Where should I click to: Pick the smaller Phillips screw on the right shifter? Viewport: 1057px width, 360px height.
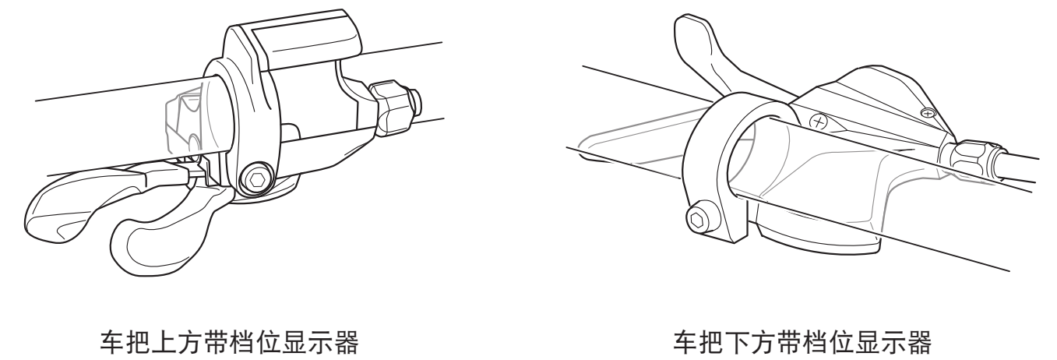(x=928, y=113)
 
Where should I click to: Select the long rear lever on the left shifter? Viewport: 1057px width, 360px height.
(x=94, y=203)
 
